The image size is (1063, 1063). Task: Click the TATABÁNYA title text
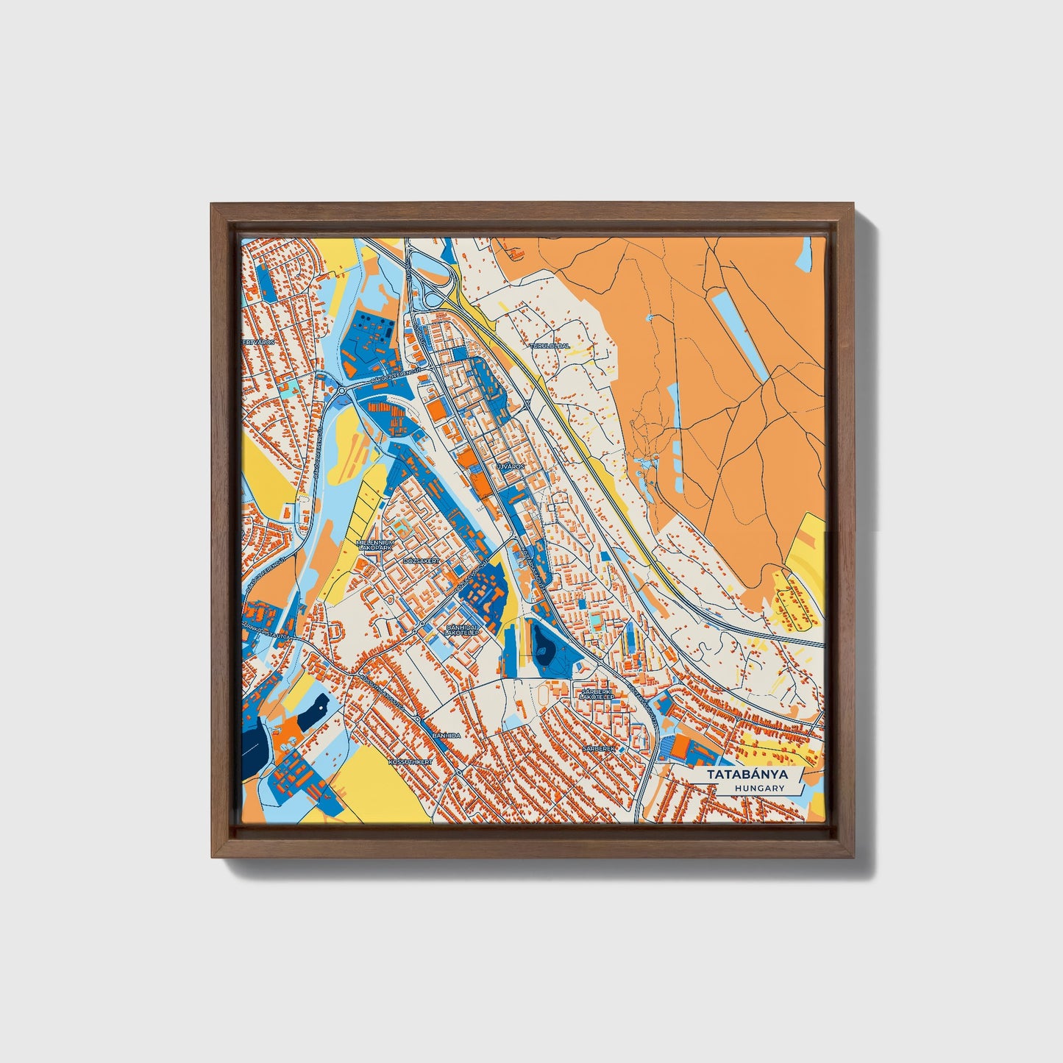[x=747, y=775]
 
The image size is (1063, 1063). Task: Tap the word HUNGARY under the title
[x=758, y=789]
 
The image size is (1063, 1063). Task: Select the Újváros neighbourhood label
[x=508, y=466]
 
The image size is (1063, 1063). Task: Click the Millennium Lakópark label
[x=374, y=545]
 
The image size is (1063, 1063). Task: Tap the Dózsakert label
[x=422, y=561]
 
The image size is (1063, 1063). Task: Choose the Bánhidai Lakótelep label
[x=463, y=630]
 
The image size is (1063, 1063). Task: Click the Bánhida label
[x=446, y=735]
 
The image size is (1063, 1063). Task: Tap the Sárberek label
[x=597, y=747]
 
